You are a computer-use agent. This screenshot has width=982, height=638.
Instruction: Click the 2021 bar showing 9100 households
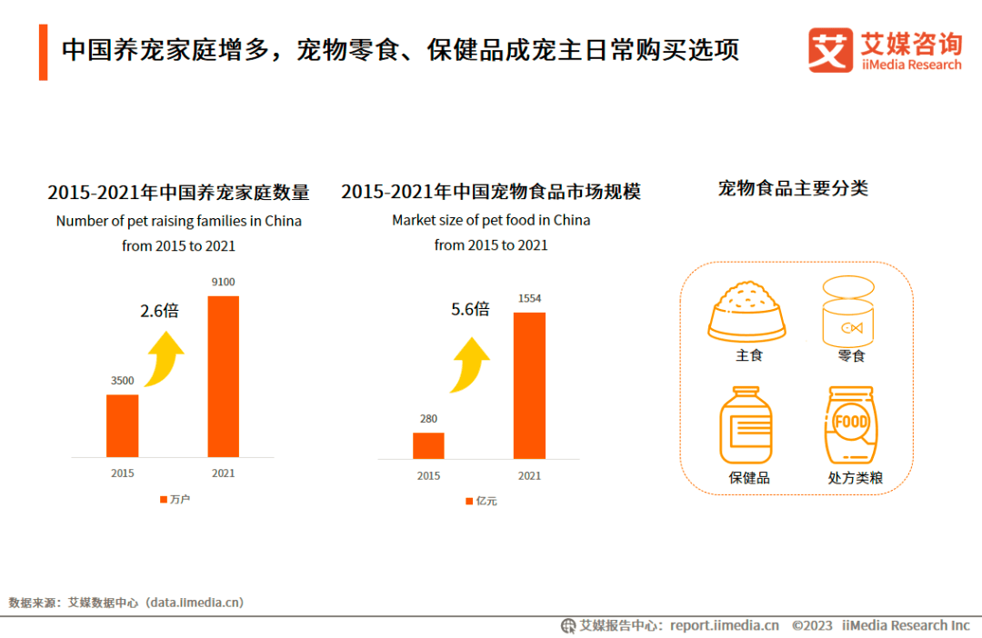pos(223,375)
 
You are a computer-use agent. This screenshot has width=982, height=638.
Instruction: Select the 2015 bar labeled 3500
pos(123,425)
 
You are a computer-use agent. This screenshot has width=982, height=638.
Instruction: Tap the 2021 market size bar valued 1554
pos(529,385)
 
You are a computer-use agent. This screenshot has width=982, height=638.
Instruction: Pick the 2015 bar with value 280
pos(428,445)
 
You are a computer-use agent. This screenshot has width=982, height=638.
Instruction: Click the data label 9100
pos(223,282)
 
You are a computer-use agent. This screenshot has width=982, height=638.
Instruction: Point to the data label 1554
pos(529,298)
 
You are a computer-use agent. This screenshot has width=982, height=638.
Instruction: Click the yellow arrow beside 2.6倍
pos(166,356)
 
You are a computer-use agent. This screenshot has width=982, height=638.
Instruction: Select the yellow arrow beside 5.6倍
pos(471,363)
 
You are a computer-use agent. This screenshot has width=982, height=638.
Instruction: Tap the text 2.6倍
pos(159,311)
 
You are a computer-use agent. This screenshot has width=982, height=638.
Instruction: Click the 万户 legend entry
pos(175,500)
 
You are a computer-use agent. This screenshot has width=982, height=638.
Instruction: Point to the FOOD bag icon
pos(851,424)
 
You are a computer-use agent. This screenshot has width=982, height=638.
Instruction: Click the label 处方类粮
pos(855,477)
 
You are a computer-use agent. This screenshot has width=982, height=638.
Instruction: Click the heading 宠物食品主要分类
pos(793,188)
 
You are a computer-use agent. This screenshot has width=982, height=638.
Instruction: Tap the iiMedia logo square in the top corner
pos(831,50)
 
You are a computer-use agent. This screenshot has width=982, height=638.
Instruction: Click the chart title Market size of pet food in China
pos(491,220)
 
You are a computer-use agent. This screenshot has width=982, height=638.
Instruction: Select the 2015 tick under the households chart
pos(123,473)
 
